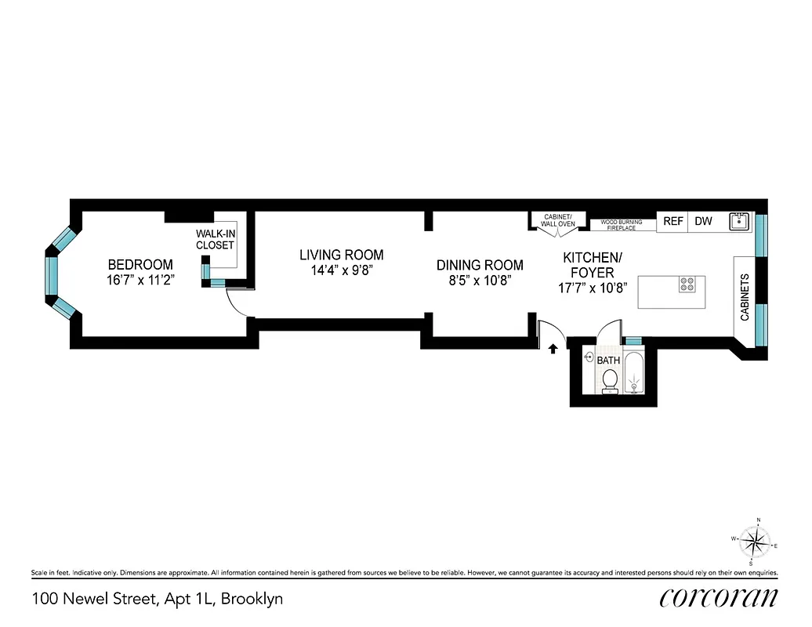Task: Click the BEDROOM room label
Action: click(140, 264)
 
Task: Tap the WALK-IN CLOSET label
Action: click(215, 239)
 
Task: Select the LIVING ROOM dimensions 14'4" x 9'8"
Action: click(342, 270)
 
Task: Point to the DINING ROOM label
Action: click(480, 265)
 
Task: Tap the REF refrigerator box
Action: click(672, 222)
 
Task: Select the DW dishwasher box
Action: click(703, 222)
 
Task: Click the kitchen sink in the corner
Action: click(738, 222)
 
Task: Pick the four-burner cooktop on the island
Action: click(688, 285)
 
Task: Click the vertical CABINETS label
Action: click(745, 297)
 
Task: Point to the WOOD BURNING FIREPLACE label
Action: click(622, 225)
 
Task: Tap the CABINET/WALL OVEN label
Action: click(558, 220)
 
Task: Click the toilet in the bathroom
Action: click(609, 382)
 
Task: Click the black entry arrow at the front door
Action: click(553, 349)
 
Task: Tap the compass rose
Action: click(756, 542)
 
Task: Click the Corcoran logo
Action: click(719, 598)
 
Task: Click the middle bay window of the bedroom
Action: click(52, 274)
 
